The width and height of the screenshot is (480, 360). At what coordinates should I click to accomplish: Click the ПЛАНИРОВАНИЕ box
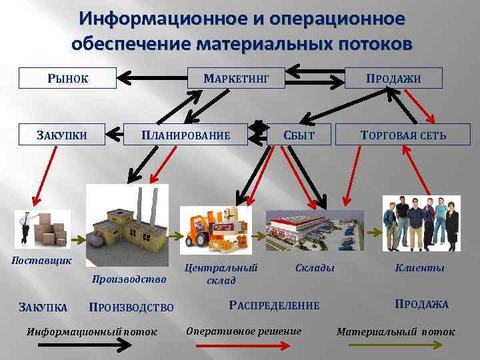click(185, 135)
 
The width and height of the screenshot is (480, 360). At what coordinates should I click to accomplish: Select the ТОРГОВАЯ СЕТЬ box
click(403, 135)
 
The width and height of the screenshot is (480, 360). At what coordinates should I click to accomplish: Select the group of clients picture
click(420, 223)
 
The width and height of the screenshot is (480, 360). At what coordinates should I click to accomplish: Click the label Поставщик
click(41, 259)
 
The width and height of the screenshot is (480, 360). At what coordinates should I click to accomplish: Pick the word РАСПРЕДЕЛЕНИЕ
click(274, 305)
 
